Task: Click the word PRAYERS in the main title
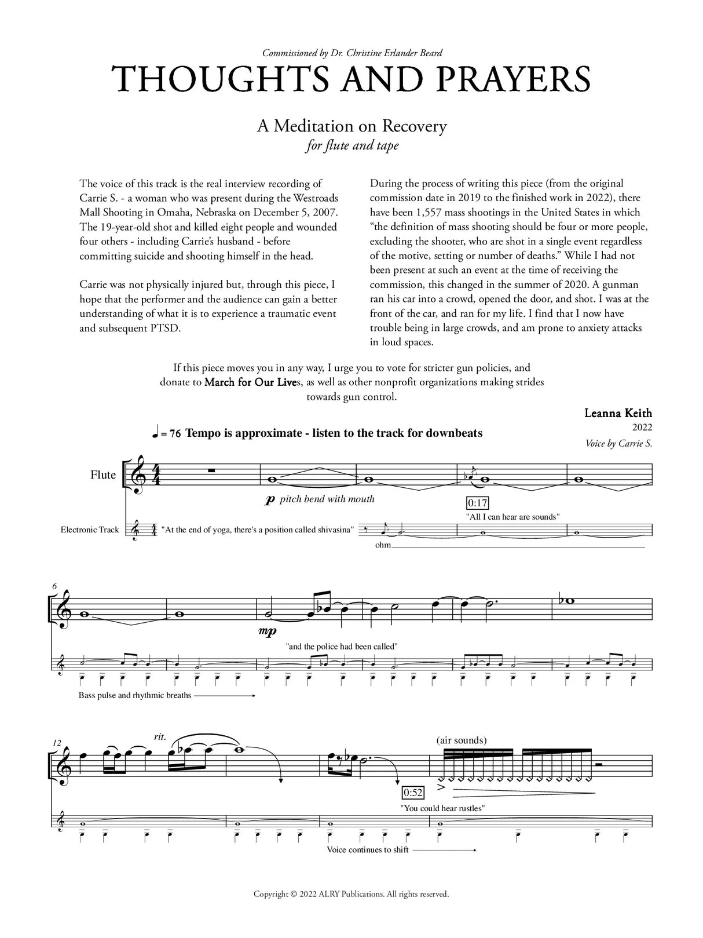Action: (510, 79)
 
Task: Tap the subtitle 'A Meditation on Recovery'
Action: (352, 126)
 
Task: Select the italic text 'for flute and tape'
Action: (352, 146)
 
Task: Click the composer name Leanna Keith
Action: (618, 413)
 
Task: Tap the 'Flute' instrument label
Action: (103, 475)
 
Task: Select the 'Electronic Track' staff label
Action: (90, 530)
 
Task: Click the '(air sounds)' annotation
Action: (462, 740)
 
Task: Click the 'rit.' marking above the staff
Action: (159, 737)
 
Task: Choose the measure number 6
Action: (54, 586)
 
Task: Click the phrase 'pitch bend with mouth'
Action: (327, 499)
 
